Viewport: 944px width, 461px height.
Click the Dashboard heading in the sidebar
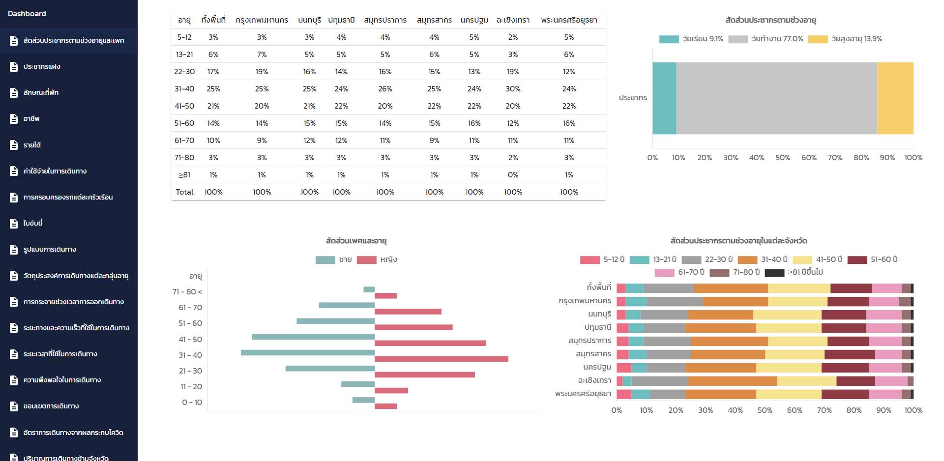[x=27, y=14]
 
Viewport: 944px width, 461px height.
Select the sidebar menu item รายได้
[x=32, y=145]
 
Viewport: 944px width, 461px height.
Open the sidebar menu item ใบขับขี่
[x=33, y=223]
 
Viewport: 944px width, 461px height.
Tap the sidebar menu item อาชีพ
[x=31, y=118]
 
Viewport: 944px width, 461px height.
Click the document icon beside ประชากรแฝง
[x=14, y=66]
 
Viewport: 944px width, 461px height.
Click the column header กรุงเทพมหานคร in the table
[x=262, y=20]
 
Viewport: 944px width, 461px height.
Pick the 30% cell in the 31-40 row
[x=513, y=89]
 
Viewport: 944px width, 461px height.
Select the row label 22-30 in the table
[x=184, y=72]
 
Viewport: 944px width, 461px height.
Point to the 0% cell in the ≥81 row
[x=513, y=175]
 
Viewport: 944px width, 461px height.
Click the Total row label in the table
[x=184, y=192]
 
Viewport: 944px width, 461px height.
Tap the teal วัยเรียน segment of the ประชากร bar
[x=664, y=98]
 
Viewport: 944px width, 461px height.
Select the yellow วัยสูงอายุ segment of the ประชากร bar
[x=895, y=98]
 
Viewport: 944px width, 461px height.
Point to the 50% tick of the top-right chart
[x=783, y=158]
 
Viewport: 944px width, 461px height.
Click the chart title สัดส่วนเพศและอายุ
[x=356, y=241]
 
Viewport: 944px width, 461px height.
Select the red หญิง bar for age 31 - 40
[x=441, y=359]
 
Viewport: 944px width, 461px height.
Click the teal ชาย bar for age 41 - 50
[x=313, y=337]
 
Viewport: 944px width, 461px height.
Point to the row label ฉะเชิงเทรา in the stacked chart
[x=594, y=380]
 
